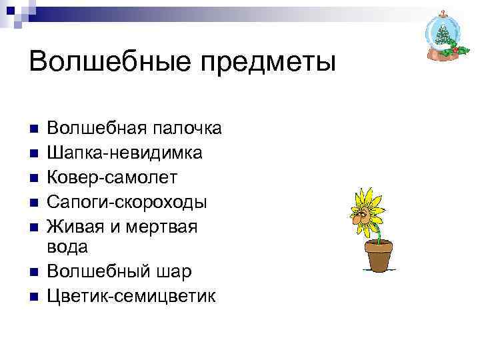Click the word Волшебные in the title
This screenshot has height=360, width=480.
point(107,63)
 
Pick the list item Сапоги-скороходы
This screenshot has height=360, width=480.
point(127,201)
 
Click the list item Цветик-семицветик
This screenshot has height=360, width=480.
point(131,296)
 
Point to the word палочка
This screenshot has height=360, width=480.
point(187,128)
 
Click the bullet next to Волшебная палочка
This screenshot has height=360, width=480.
point(35,129)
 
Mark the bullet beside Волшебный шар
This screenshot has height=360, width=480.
point(35,272)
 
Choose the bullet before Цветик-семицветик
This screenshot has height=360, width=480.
point(35,296)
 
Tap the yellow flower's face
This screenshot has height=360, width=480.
point(364,212)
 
